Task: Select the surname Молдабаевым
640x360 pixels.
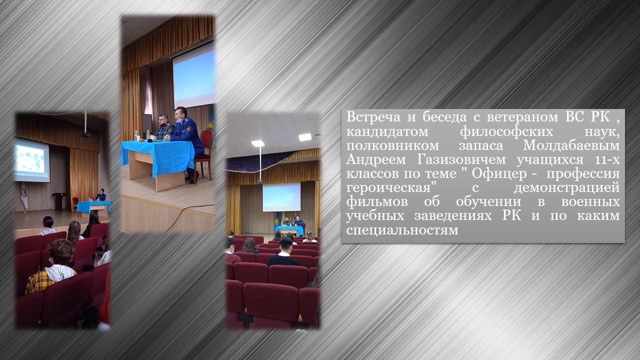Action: point(571,145)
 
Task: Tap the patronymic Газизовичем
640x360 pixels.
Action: point(461,159)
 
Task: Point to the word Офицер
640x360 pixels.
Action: point(499,173)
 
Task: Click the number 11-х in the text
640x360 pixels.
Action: point(607,160)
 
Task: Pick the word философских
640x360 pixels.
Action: point(506,131)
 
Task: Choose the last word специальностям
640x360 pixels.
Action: point(402,230)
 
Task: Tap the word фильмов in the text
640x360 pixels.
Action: point(377,201)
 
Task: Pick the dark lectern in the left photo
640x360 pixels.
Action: point(59,201)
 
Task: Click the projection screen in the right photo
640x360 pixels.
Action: point(281,197)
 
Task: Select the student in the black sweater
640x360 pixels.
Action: point(284,253)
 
